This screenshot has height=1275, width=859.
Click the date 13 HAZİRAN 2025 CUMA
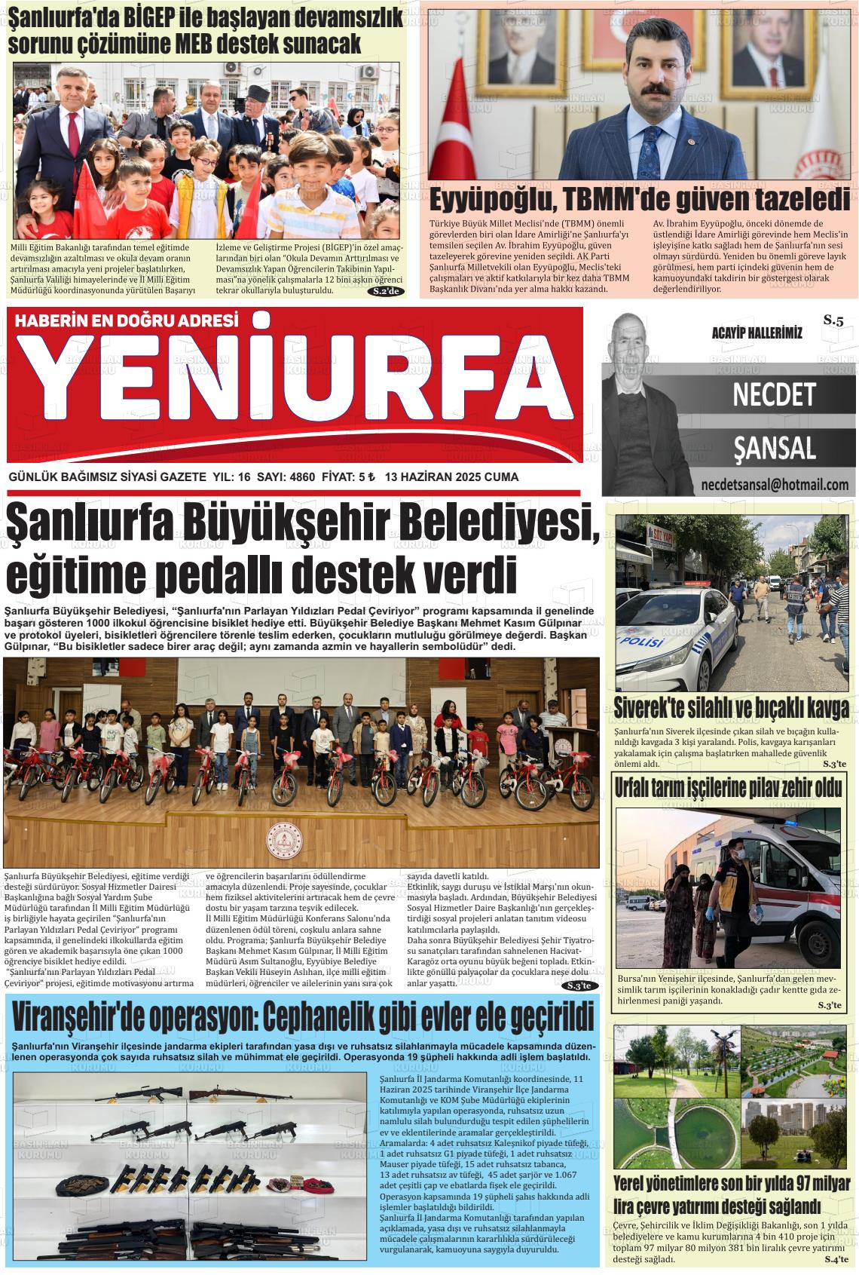(x=451, y=477)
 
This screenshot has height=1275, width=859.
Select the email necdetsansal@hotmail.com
(x=774, y=485)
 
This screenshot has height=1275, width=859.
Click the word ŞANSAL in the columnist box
(x=774, y=449)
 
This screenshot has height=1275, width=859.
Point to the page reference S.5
(x=833, y=320)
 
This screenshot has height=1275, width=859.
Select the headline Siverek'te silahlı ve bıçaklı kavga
(x=731, y=709)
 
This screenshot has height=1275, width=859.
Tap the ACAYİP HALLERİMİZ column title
(x=757, y=333)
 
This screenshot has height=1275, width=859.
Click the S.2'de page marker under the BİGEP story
(x=389, y=292)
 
